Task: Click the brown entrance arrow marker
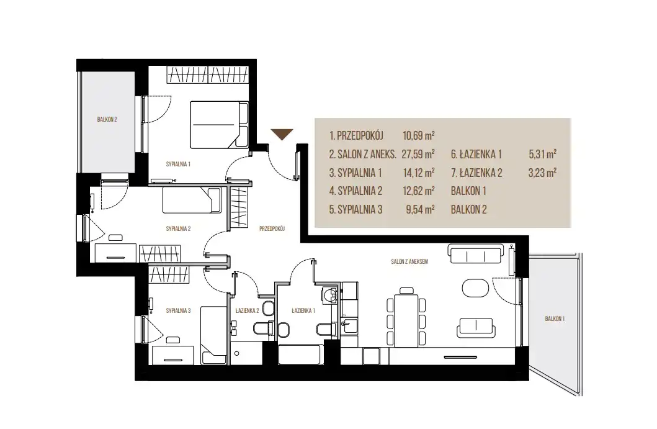pos(282,134)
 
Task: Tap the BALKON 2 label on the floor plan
pos(107,120)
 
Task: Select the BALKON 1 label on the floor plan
pos(555,318)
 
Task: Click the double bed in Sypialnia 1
pos(219,125)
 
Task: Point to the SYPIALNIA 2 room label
pos(178,228)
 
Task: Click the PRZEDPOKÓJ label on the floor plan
pos(272,228)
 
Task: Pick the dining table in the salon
pos(406,320)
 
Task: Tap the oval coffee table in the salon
pos(475,289)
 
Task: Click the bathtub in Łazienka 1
pos(300,354)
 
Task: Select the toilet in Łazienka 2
pos(262,327)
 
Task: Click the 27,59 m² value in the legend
pos(418,155)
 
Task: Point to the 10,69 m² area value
pos(419,136)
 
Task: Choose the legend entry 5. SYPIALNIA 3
pos(355,210)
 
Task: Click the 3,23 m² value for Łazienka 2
pos(543,173)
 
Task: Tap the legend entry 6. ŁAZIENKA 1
pos(476,155)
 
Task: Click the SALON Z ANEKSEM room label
pos(409,261)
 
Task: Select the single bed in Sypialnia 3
pos(214,335)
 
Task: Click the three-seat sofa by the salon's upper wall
pos(476,254)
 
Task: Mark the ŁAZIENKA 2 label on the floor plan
pos(247,311)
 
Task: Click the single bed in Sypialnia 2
pos(192,200)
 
